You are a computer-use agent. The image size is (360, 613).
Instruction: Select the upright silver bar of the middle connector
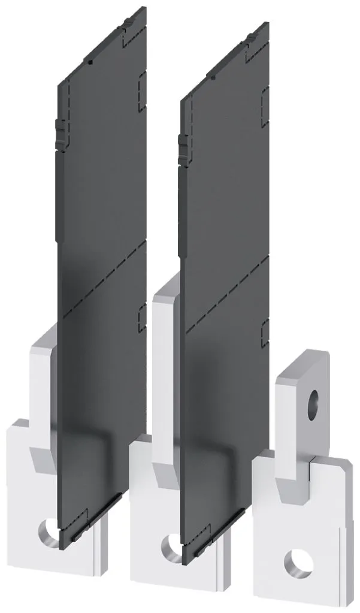[x=165, y=372]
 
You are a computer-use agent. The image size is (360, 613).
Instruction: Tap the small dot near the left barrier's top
[x=89, y=61]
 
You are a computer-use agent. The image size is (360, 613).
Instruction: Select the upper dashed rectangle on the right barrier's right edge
[x=264, y=99]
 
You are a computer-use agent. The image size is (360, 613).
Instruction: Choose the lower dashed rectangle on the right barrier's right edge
[x=264, y=331]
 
